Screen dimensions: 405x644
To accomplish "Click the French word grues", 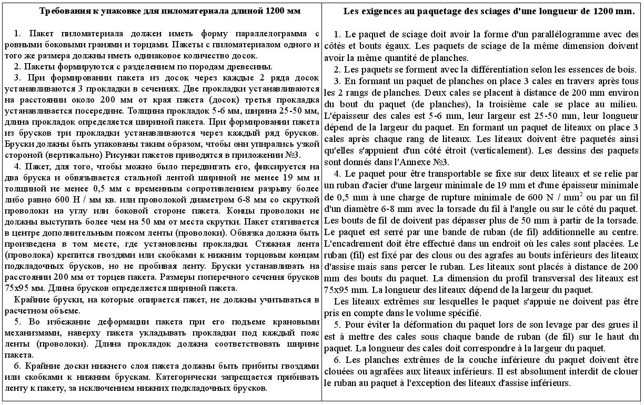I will tap(616, 325).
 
